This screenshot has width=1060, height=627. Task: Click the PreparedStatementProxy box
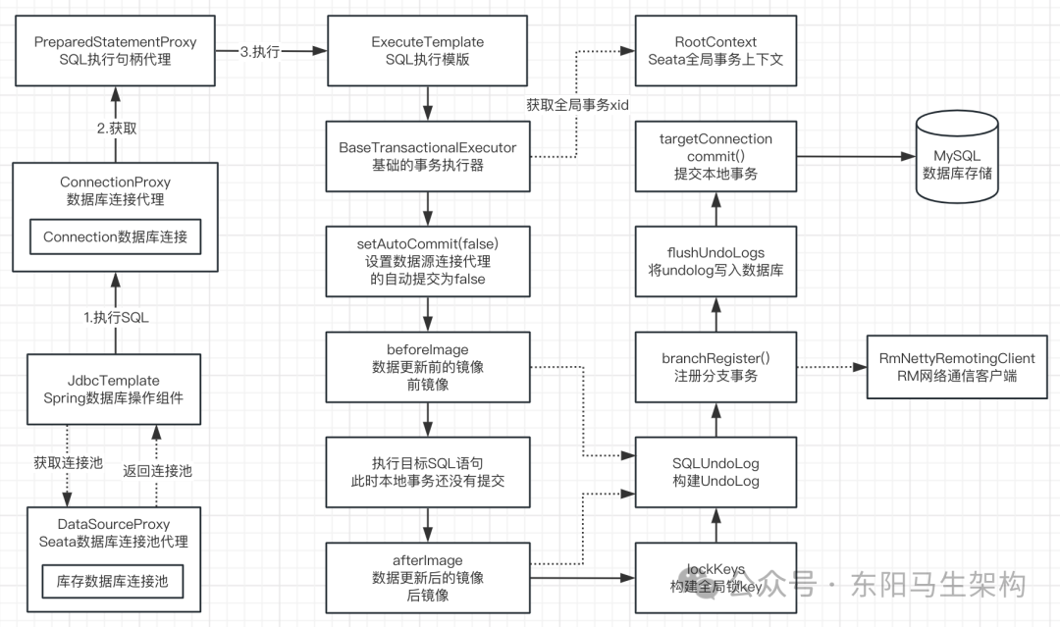[115, 50]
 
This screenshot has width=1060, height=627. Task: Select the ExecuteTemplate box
[428, 50]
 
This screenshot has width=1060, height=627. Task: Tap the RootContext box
[715, 50]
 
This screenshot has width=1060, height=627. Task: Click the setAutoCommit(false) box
[428, 260]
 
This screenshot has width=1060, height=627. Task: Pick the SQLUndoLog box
[715, 471]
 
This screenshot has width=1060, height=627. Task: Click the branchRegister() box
[715, 367]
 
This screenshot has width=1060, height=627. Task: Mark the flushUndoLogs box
[715, 260]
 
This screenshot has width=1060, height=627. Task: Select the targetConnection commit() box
[715, 156]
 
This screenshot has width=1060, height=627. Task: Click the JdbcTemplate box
[115, 389]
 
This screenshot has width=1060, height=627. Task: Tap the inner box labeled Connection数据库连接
[115, 237]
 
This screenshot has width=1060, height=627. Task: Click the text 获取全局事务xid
[578, 106]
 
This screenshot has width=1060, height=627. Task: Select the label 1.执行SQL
[116, 317]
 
